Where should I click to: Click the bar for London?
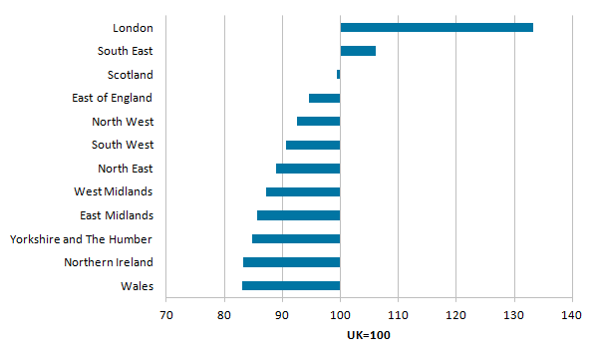[x=437, y=27]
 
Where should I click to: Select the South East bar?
[x=358, y=51]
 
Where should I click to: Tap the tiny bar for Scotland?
[x=339, y=74]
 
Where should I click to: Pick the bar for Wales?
[x=291, y=286]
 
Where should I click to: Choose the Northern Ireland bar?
[x=291, y=262]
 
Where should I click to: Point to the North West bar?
[x=319, y=122]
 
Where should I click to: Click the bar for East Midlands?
[x=299, y=215]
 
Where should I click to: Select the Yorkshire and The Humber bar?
[x=296, y=239]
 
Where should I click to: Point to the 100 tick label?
[x=340, y=315]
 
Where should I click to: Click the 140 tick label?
[x=572, y=315]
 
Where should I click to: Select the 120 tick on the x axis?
[x=455, y=315]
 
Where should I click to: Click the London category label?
[x=133, y=28]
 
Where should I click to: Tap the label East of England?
[x=112, y=98]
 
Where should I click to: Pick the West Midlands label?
[x=113, y=191]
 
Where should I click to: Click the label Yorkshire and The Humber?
[x=81, y=239]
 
